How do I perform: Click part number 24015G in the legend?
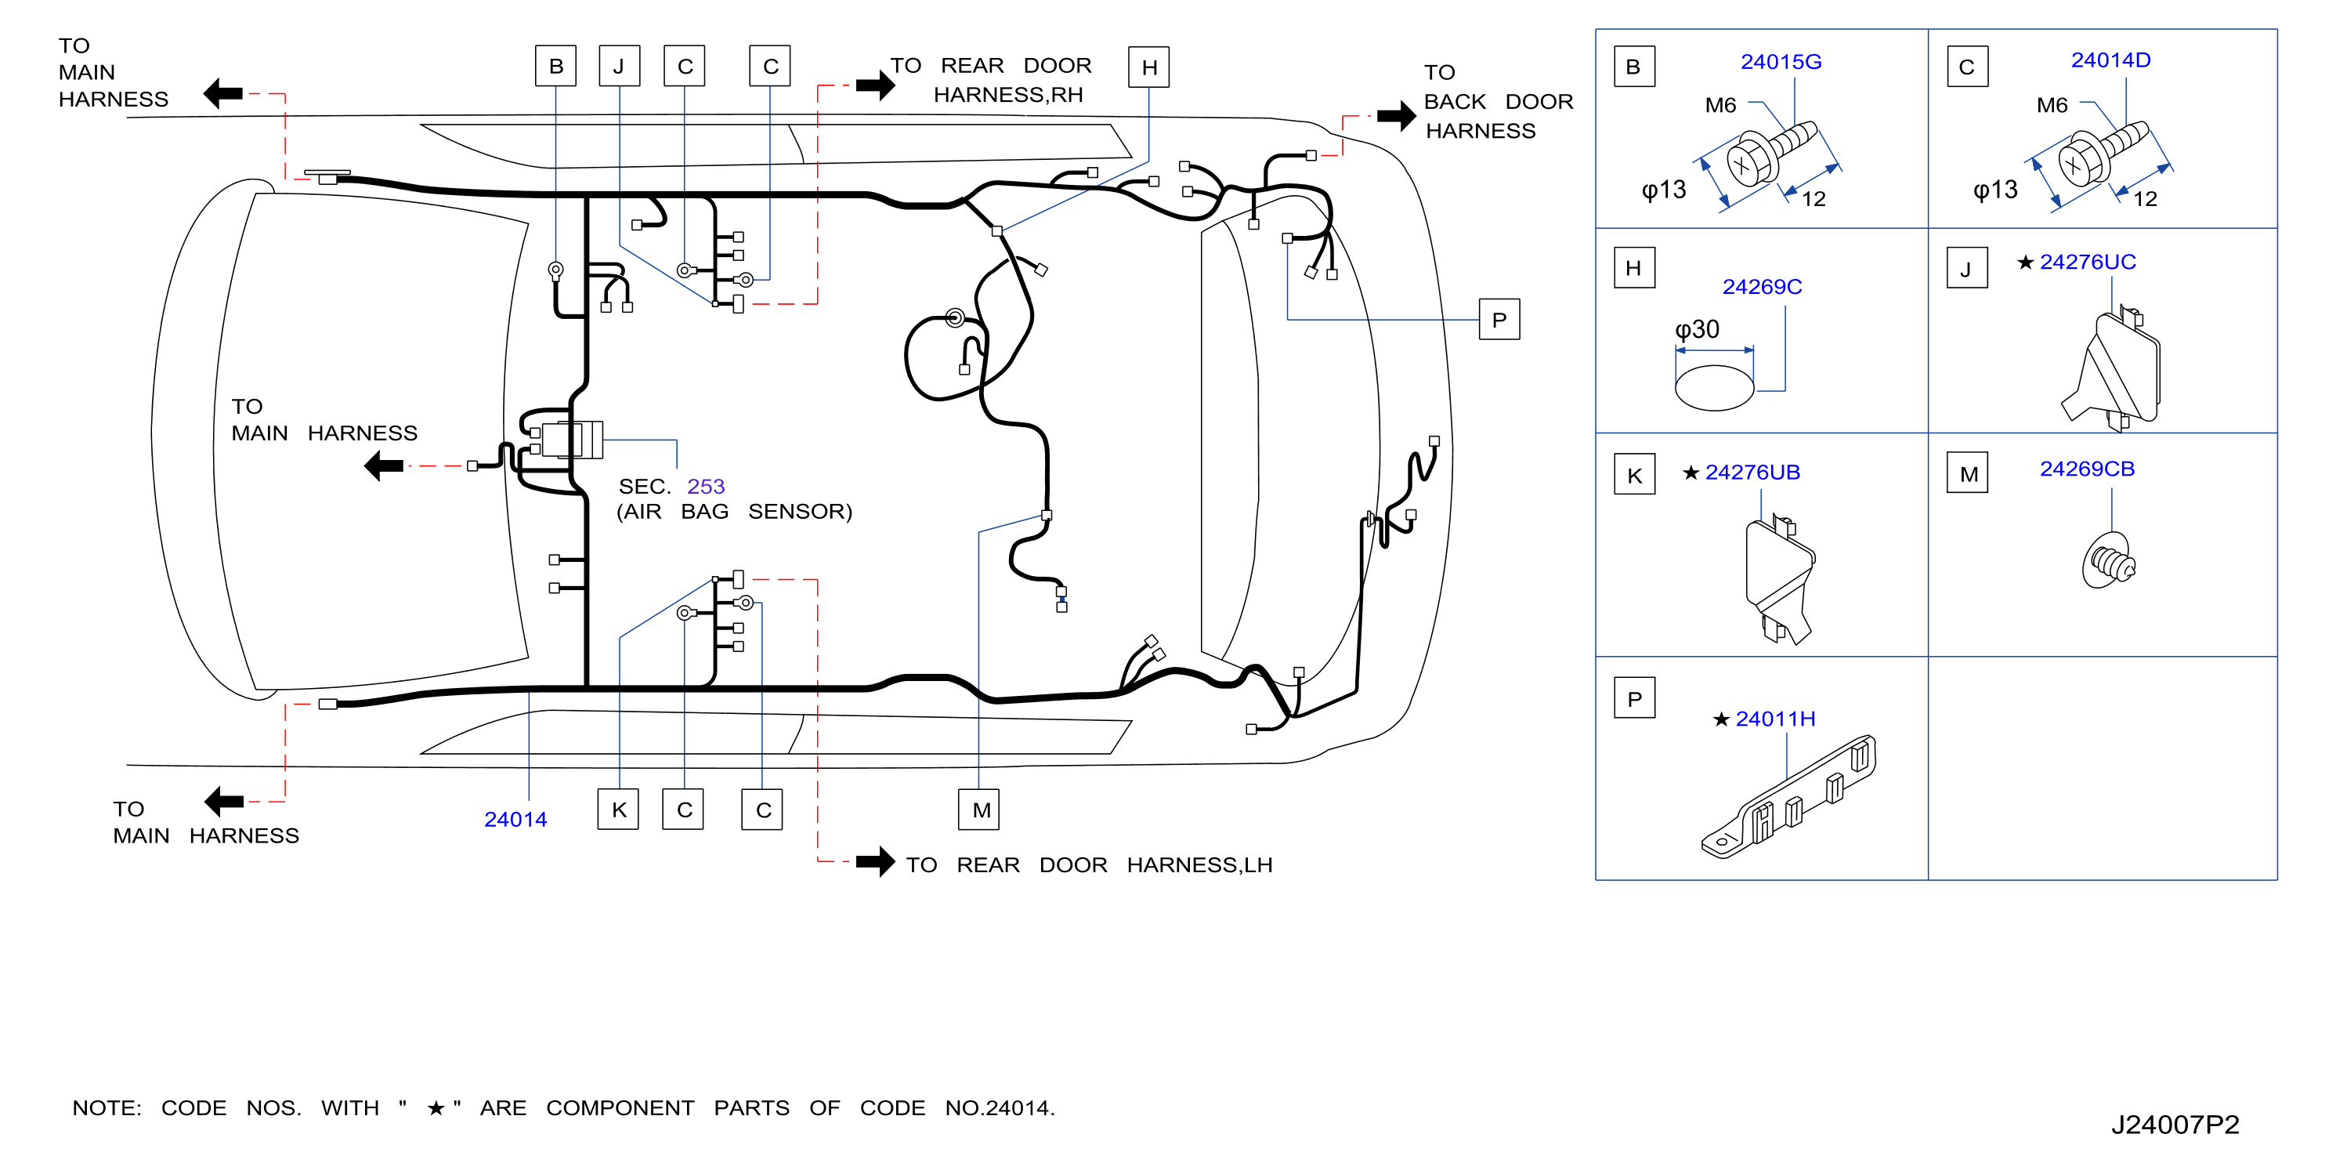pyautogui.click(x=1780, y=62)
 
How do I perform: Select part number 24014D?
pyautogui.click(x=2110, y=60)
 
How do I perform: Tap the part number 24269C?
pyautogui.click(x=1761, y=287)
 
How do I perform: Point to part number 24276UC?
pyautogui.click(x=2088, y=263)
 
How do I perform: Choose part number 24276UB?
pyautogui.click(x=1752, y=473)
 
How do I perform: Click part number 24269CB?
pyautogui.click(x=2087, y=469)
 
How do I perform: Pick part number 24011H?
pyautogui.click(x=1774, y=719)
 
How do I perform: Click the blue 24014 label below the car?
pyautogui.click(x=515, y=819)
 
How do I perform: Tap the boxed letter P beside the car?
pyautogui.click(x=1499, y=319)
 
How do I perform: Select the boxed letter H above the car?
pyautogui.click(x=1149, y=67)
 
